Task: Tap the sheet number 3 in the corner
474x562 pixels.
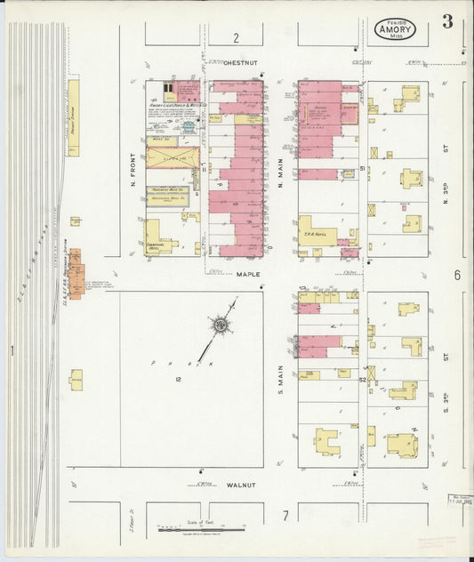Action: pyautogui.click(x=447, y=22)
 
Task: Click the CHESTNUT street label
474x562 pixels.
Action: pyautogui.click(x=240, y=63)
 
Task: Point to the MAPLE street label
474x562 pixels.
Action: pyautogui.click(x=248, y=275)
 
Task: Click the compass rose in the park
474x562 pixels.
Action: pyautogui.click(x=219, y=325)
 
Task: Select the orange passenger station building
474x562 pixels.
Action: pyautogui.click(x=75, y=273)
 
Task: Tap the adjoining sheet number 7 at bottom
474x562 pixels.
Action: pyautogui.click(x=285, y=515)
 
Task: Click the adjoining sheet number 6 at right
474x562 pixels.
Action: pyautogui.click(x=457, y=275)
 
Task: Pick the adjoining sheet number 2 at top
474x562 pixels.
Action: pyautogui.click(x=236, y=37)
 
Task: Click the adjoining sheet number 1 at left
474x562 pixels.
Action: pyautogui.click(x=12, y=351)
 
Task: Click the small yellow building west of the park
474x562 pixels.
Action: pyautogui.click(x=76, y=380)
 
